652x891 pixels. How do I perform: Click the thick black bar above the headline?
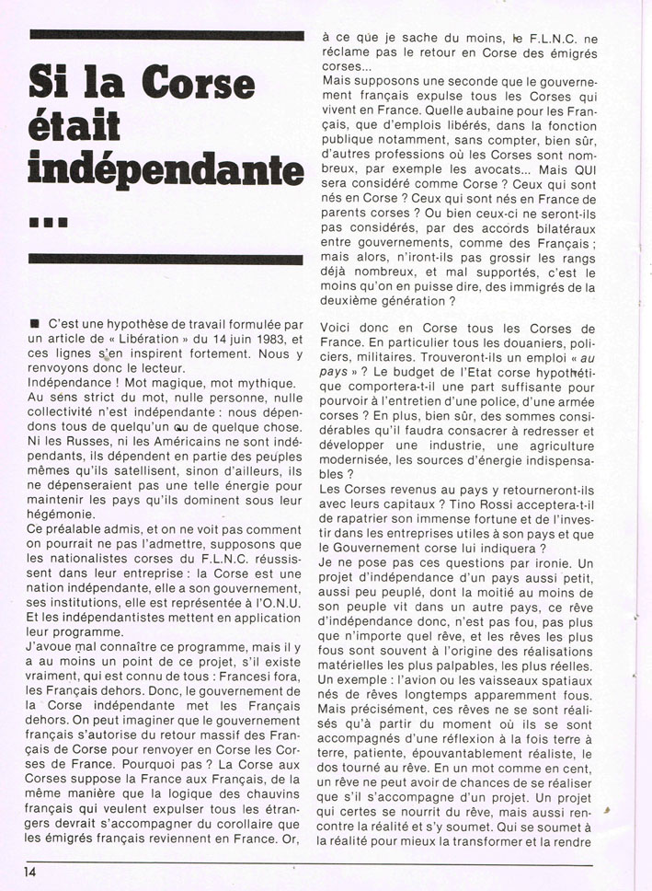click(x=166, y=36)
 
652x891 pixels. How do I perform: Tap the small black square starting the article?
click(x=34, y=324)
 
